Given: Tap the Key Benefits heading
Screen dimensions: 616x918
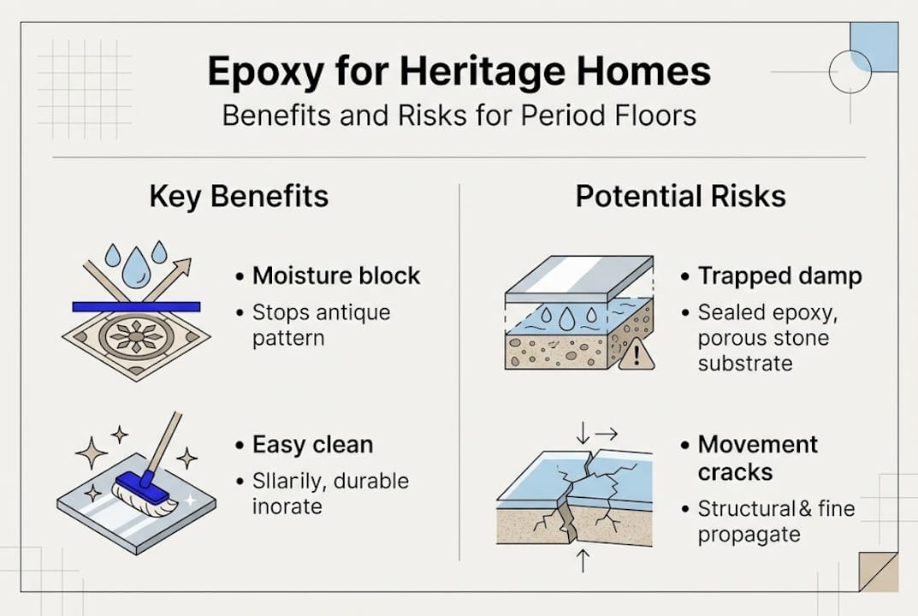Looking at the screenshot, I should coord(239,196).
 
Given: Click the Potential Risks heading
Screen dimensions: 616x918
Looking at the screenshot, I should coord(680,196).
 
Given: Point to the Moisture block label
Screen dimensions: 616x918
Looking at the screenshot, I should coord(336,276).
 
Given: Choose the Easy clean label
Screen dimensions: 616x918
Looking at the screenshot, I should coord(312,445).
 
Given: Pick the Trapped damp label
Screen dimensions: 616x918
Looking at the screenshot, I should coord(779,276).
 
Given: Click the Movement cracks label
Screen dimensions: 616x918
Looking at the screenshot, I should coord(757,458).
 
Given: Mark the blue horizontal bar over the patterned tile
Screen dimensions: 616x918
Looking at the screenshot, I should coord(136,305).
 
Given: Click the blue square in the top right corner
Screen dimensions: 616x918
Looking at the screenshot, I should coord(874,48).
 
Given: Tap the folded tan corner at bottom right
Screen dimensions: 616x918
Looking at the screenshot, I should coord(879,572).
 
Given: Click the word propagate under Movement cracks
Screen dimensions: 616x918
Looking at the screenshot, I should coord(749,535).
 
